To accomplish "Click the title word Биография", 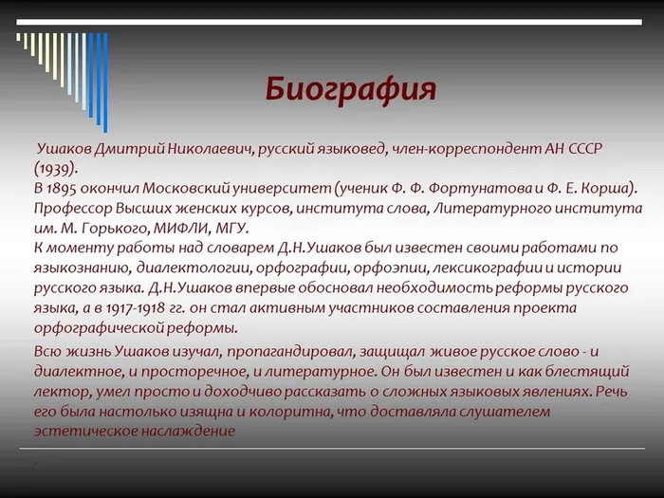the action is [351, 90].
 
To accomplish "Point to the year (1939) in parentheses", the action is [56, 169].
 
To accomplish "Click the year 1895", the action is [61, 189].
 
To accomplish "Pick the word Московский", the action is [186, 189].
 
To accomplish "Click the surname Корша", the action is [606, 189].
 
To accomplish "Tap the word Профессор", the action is [73, 209].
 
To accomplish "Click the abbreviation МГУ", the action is [231, 229].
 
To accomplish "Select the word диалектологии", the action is [193, 268].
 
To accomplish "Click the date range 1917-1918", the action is [135, 308].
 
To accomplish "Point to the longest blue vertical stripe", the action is [105, 83].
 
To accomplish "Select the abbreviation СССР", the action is [585, 149].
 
